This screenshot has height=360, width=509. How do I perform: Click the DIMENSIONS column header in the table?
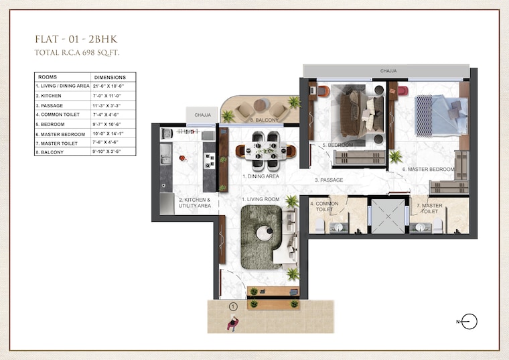click(x=110, y=77)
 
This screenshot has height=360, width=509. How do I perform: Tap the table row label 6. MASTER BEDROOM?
click(x=60, y=133)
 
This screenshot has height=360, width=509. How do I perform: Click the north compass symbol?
click(x=469, y=322)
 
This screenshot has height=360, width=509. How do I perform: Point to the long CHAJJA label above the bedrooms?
click(x=389, y=70)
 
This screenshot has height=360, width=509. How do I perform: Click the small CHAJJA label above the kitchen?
click(x=202, y=115)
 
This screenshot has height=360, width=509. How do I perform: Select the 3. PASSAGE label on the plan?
click(x=329, y=180)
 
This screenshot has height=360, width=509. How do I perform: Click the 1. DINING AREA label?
click(x=261, y=176)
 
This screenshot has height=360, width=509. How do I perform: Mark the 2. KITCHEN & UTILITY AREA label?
click(x=194, y=203)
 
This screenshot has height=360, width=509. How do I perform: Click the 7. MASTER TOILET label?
click(x=428, y=207)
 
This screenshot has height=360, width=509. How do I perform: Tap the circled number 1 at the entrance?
click(x=233, y=307)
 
